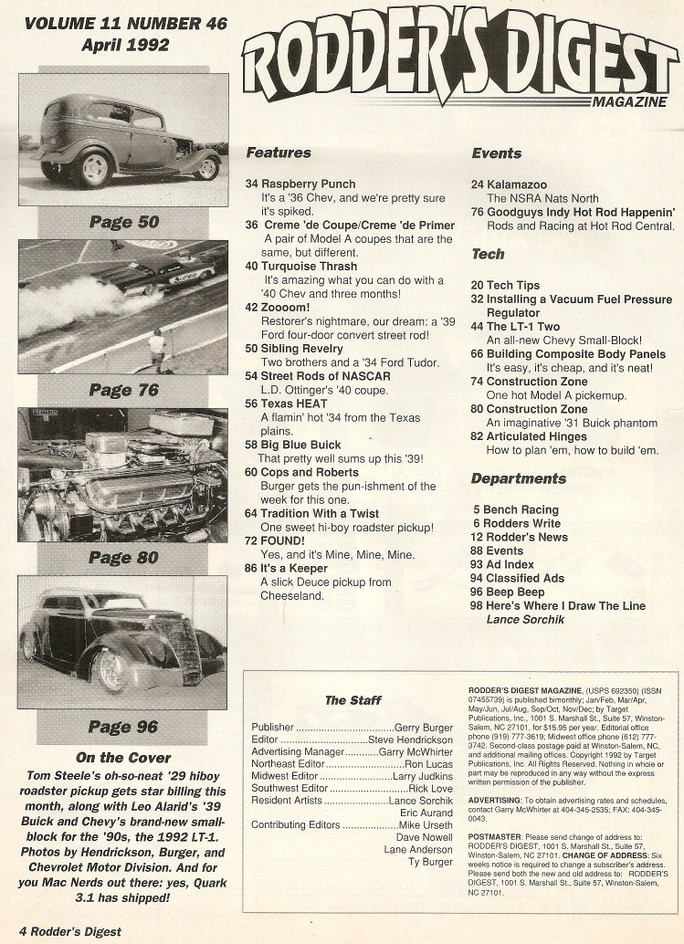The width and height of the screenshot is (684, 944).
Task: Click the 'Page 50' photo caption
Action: pos(123,222)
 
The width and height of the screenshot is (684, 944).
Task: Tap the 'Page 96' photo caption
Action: pos(123,727)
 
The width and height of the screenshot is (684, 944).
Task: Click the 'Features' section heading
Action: pos(279,153)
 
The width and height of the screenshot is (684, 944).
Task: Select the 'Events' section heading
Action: pos(496,153)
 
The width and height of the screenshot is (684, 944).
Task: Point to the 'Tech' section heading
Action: pos(489,254)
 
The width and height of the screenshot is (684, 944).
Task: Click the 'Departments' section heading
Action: pos(519,478)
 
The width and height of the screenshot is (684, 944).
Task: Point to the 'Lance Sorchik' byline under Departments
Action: pos(526,619)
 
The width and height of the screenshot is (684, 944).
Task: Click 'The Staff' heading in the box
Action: pos(353,700)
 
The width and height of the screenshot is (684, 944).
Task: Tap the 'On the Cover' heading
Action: pos(123,757)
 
